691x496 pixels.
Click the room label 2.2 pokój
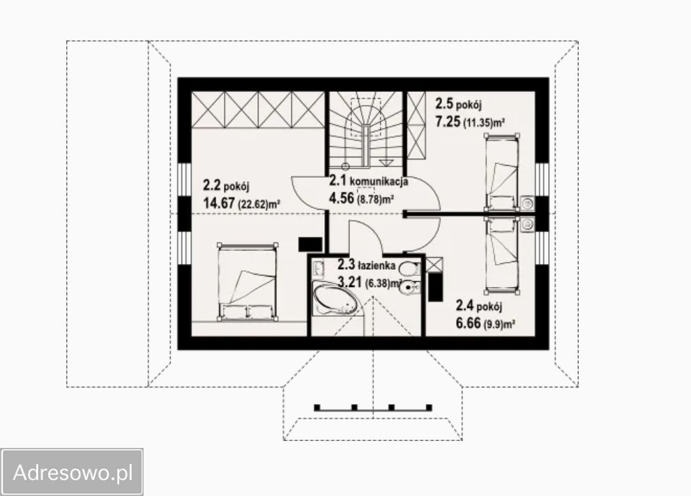226,185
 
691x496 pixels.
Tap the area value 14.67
219,203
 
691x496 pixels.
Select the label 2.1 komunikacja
368,180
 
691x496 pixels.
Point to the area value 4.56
341,198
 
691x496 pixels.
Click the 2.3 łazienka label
366,265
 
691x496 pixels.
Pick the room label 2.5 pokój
458,104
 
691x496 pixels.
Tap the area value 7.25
448,121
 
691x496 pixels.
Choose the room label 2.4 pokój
478,305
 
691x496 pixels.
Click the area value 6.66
468,323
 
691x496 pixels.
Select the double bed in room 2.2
248,281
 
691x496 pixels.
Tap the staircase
365,129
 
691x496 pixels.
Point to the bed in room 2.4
502,254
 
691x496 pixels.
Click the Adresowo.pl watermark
73,472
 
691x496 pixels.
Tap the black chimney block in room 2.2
310,245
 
